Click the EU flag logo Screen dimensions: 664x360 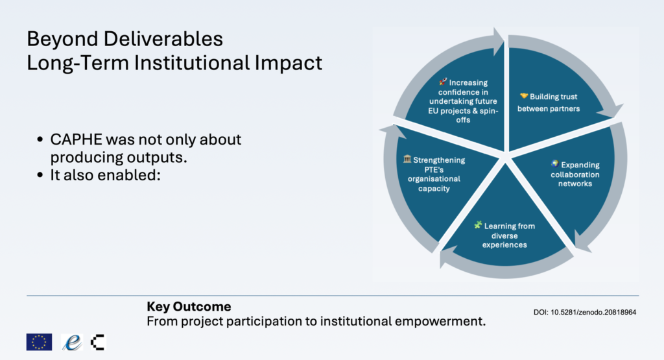coord(39,342)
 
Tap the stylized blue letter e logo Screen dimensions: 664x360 coord(72,342)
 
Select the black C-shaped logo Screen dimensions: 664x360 coord(98,342)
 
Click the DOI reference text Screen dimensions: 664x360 coord(585,312)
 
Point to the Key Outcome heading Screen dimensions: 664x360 coord(189,307)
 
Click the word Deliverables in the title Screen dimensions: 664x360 coord(163,39)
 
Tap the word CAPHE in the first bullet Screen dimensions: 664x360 coord(77,139)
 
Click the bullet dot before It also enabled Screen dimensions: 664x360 coord(40,175)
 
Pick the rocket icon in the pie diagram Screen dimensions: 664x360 coord(443,81)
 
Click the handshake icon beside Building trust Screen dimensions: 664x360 coord(524,96)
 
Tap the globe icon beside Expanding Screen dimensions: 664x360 coord(555,164)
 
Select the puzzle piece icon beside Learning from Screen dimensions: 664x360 coord(478,225)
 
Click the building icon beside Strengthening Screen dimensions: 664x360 coord(407,159)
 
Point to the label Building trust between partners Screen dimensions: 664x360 coord(549,102)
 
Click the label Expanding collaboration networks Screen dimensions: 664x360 coord(575,174)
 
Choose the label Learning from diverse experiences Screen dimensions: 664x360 coord(504,235)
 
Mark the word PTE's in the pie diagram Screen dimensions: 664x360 coord(434,169)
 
